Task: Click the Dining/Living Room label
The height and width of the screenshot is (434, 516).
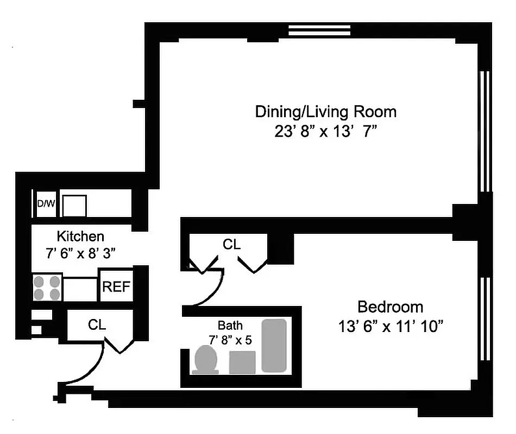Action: (x=325, y=112)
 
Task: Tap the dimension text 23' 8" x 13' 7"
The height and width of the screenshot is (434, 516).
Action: (x=325, y=132)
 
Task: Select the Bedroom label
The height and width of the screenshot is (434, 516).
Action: (x=390, y=307)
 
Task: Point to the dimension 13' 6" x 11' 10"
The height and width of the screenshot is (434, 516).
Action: (x=390, y=327)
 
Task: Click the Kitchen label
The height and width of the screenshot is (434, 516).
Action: (x=80, y=237)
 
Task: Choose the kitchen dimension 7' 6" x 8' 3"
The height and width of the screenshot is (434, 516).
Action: (x=80, y=253)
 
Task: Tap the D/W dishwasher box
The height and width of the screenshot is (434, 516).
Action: (x=46, y=205)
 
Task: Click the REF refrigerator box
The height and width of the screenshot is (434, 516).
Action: (x=116, y=286)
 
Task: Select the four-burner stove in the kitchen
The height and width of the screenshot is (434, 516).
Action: (x=47, y=288)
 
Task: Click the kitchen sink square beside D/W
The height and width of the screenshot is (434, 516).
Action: (x=74, y=206)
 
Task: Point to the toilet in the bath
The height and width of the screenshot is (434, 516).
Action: (x=206, y=360)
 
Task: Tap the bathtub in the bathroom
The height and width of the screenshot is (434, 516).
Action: (x=274, y=346)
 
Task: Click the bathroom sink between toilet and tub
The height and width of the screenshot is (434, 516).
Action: (x=242, y=362)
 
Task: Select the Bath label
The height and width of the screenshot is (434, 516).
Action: (x=230, y=326)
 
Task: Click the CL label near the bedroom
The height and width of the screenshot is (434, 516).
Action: (x=231, y=245)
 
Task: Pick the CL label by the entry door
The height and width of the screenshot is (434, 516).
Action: (x=97, y=324)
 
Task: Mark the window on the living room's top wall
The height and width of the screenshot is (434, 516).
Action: (x=319, y=30)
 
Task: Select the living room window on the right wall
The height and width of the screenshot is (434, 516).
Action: (x=486, y=130)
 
